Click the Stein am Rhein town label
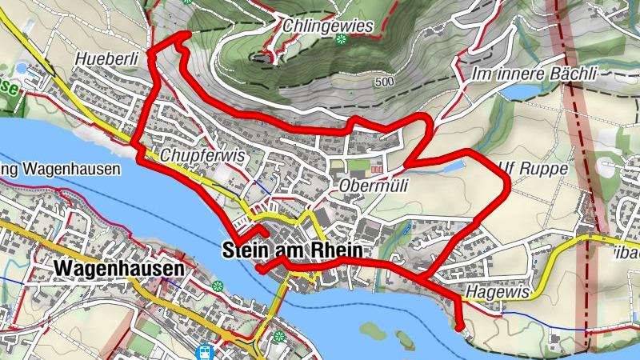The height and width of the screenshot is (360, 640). coord(292,250)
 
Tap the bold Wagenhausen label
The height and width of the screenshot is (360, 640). coord(120,270)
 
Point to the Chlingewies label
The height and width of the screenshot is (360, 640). coord(328,26)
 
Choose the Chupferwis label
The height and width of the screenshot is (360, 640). coord(202,155)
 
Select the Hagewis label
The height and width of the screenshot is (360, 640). coord(498,293)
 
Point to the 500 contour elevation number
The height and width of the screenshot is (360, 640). coord(384,82)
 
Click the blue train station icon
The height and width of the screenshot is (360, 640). coord(206,350)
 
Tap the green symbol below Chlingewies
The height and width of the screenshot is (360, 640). coord(341,39)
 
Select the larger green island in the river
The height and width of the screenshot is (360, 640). coord(374,329)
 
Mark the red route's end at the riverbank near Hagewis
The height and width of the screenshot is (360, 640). coord(460,326)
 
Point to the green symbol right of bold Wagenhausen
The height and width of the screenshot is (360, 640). coord(218,286)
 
